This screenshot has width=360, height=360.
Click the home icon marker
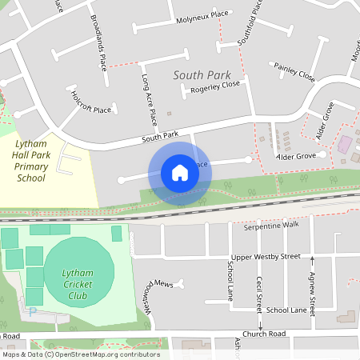[x=180, y=173]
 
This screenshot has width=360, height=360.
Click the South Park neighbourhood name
[x=196, y=74]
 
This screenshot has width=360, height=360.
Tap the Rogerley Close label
[x=215, y=86]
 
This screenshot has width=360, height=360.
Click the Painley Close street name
[x=294, y=72]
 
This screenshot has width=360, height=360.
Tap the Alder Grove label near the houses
[x=297, y=157]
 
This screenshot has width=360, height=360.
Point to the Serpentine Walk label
[x=270, y=225]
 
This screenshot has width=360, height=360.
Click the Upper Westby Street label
[x=265, y=257]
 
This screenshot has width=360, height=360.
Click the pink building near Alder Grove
[x=346, y=145]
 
